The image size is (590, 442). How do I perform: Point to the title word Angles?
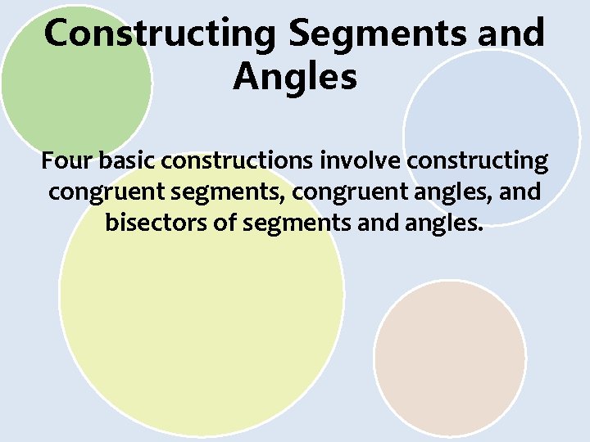pyautogui.click(x=295, y=78)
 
